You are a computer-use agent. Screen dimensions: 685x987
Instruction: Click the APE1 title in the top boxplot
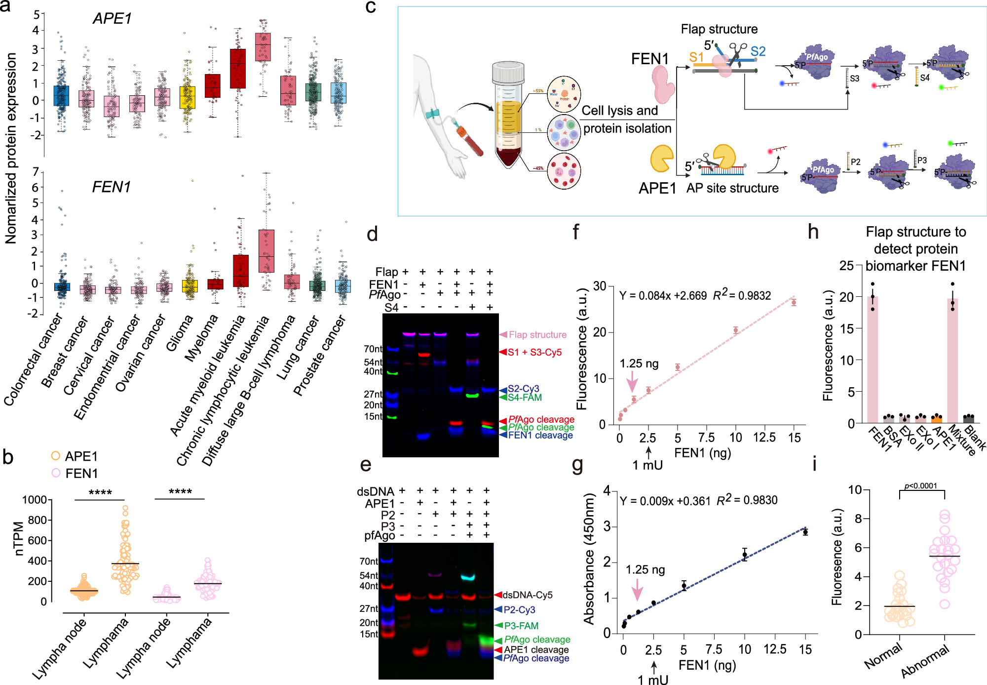[112, 19]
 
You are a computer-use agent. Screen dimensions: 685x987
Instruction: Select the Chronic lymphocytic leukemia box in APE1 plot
[263, 47]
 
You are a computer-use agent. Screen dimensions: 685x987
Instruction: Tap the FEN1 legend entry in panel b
[81, 473]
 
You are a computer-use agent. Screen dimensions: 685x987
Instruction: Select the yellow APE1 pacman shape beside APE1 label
[661, 158]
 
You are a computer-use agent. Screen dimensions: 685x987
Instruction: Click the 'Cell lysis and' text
[620, 111]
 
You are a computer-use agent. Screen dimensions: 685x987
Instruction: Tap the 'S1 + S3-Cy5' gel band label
[534, 352]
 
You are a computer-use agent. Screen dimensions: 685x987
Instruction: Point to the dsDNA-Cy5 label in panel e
[527, 595]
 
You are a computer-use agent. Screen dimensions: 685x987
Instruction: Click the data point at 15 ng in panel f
[794, 303]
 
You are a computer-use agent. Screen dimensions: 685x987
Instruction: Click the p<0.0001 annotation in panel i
[921, 486]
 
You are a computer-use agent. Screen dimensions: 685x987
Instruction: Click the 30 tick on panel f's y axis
[600, 286]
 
